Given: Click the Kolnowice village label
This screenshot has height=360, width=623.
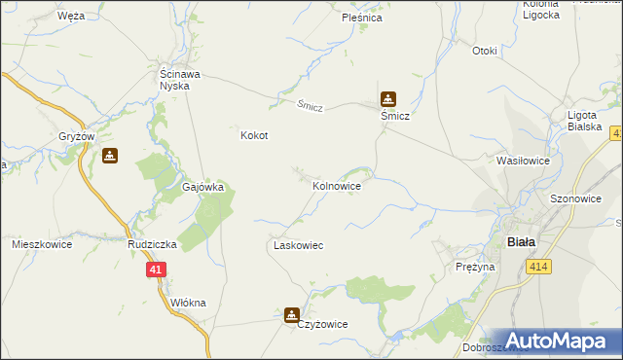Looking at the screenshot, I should pos(337,185).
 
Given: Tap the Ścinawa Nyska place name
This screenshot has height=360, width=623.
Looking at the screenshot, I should pos(180,79).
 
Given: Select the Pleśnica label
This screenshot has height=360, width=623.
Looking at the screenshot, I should pos(361,18).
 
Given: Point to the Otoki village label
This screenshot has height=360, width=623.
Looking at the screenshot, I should pos(484,51).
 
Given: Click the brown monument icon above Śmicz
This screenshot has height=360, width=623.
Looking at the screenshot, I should pos(388,98).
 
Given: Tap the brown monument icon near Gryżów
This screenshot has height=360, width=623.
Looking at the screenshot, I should pos(110,155).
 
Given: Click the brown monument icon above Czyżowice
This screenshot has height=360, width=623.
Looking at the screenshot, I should pos(291,314).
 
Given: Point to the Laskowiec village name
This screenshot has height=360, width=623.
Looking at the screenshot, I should pos(298,246).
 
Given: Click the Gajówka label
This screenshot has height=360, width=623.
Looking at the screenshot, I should pos(203,187).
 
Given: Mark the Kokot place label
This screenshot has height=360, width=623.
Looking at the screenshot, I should pos(254,136).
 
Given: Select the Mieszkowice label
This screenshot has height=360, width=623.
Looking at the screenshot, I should pos(42,244).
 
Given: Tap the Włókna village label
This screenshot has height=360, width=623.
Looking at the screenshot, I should pos(188,303).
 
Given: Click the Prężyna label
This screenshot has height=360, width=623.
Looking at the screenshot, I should pos(475,266).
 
